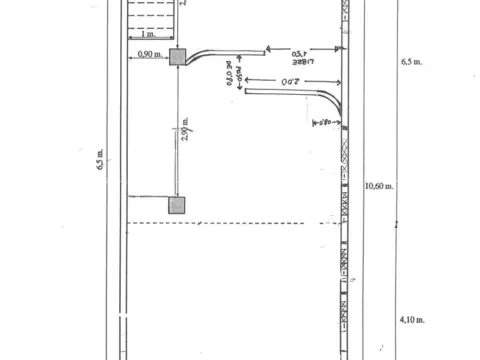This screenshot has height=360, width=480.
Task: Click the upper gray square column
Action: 177,58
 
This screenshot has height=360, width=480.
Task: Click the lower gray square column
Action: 177,205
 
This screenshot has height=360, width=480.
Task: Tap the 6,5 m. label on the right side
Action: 411,62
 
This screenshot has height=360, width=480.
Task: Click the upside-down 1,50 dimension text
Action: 299,53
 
